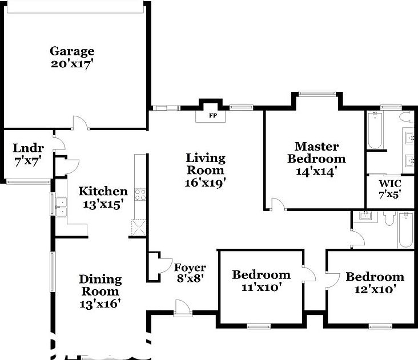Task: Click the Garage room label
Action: point(71,51)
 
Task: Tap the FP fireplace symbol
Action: point(211,116)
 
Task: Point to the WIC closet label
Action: point(390,184)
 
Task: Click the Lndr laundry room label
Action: point(25,149)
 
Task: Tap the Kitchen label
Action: point(103,191)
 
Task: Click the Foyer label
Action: point(190,267)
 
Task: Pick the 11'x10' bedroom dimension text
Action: point(261,288)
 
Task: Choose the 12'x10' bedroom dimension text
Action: point(375,289)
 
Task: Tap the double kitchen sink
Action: point(61,204)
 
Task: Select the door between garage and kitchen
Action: point(79,122)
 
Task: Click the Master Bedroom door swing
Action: point(278,204)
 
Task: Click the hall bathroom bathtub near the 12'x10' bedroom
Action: point(405,229)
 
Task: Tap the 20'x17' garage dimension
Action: point(71,63)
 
